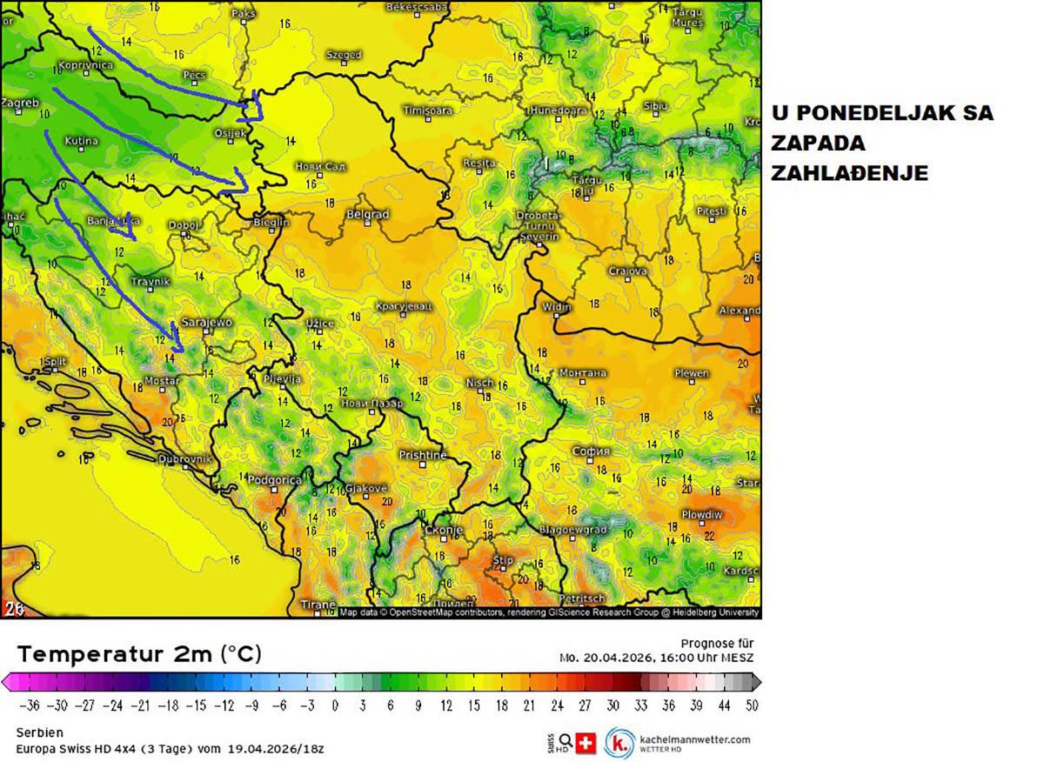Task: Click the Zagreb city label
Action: tap(21, 103)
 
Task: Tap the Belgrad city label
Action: tap(367, 214)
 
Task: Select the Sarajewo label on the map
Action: tap(206, 323)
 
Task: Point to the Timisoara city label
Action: tap(427, 110)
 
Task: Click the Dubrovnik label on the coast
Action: tap(184, 458)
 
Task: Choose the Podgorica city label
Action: tap(275, 479)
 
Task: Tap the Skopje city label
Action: tap(443, 530)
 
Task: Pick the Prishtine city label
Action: tap(423, 455)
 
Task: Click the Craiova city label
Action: tap(627, 271)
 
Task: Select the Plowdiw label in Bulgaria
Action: tap(701, 514)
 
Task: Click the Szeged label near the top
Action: tap(344, 55)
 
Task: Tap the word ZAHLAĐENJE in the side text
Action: tap(849, 173)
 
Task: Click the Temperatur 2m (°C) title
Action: tap(139, 654)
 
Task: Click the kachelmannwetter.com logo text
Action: tap(694, 739)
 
